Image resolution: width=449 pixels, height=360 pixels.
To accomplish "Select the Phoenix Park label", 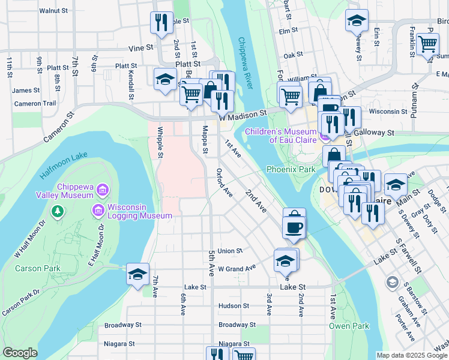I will click(291, 170).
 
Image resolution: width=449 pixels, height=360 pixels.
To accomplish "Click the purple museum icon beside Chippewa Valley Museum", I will click(101, 191).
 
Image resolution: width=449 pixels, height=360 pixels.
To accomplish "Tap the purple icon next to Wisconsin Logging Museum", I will click(97, 211).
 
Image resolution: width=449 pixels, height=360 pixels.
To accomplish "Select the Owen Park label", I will click(349, 326).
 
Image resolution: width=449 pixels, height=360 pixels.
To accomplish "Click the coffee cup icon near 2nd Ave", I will click(294, 227).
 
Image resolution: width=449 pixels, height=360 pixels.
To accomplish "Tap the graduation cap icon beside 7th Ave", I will click(137, 274).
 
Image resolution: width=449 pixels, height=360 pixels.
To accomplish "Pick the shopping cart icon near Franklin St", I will click(427, 43).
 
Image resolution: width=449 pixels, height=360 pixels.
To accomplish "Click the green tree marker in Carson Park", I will click(57, 211).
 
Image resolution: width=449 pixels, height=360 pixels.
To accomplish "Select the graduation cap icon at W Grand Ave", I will click(285, 260).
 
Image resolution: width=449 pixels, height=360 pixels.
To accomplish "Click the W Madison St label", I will click(243, 115).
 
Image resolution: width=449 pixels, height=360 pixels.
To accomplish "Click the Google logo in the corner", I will click(20, 353).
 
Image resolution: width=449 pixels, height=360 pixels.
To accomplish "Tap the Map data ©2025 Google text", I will click(411, 355).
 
